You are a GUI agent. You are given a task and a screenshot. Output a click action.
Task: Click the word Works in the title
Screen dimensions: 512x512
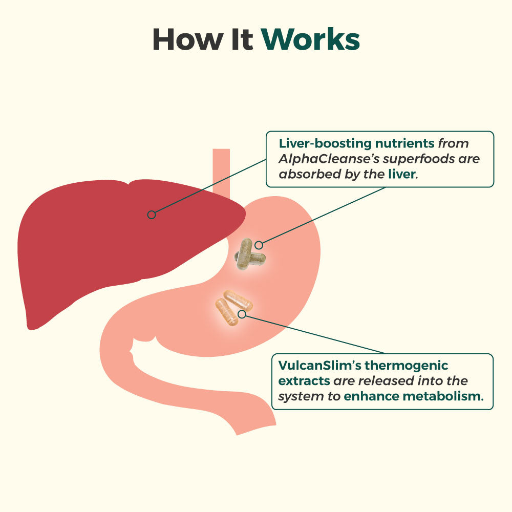click(311, 39)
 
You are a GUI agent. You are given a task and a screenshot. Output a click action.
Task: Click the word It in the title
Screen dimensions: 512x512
click(240, 39)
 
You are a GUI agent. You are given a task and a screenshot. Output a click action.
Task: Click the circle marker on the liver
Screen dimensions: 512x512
click(152, 215)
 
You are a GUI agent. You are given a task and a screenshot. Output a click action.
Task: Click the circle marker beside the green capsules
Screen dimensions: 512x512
click(259, 245)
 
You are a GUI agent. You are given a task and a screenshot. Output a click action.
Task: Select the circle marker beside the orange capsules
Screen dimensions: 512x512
click(242, 313)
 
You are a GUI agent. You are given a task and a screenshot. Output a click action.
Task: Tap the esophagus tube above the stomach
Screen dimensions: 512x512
click(221, 169)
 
